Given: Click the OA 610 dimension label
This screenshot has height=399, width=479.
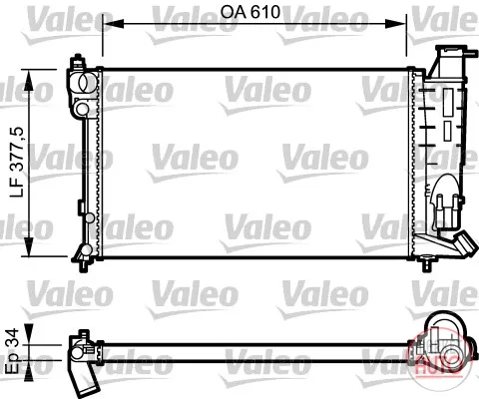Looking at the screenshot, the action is tap(250, 12).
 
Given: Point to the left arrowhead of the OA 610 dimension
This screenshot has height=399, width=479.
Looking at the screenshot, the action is tap(113, 24).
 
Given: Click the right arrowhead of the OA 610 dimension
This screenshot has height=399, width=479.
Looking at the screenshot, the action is tap(396, 24).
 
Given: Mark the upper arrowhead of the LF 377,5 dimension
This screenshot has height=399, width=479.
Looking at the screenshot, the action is tap(29, 80).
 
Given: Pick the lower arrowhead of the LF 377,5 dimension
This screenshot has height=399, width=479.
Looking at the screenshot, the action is tap(29, 246).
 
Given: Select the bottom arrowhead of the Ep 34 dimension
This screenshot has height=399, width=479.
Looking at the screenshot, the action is tap(29, 370).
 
